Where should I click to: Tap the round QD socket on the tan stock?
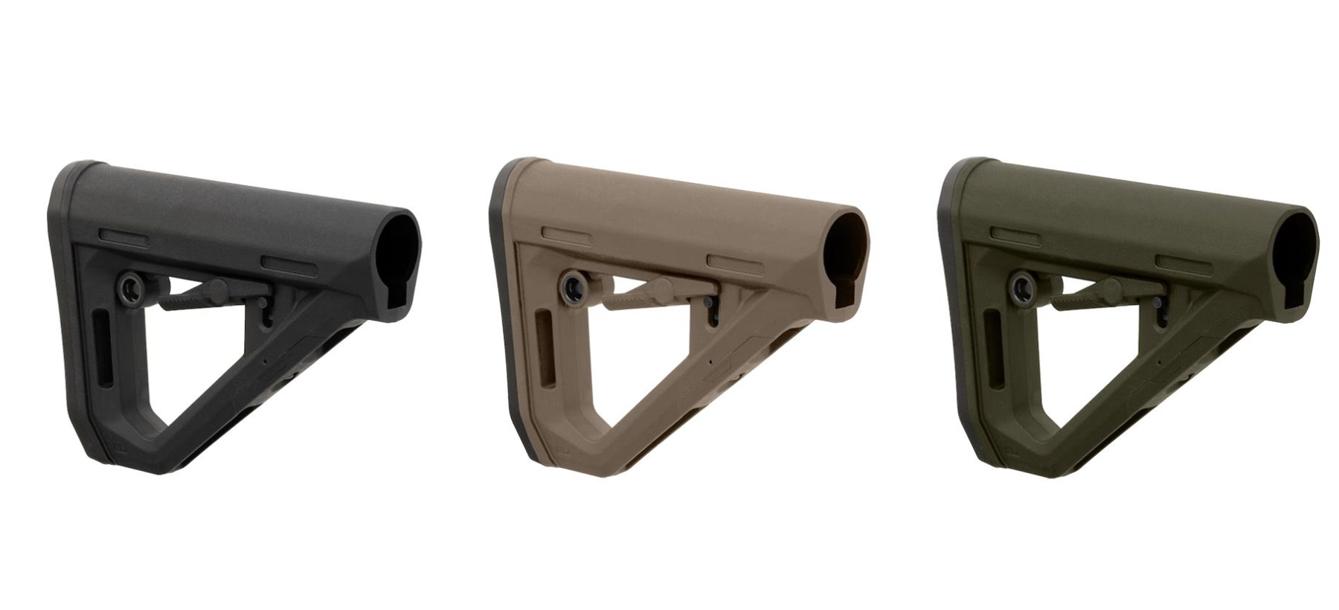574,285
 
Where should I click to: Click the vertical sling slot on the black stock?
101,350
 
